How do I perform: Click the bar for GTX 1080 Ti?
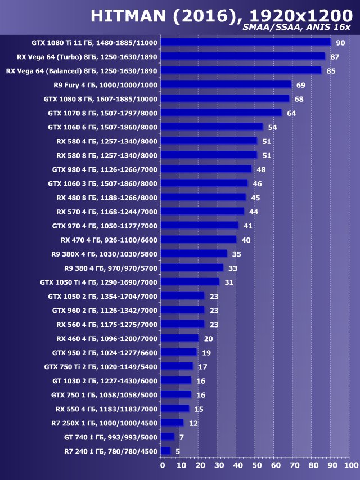pos(245,42)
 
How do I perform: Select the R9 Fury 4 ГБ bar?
pos(226,84)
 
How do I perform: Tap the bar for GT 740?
pos(167,437)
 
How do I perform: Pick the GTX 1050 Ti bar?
pos(190,281)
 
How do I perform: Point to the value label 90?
pos(340,43)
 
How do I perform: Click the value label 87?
pos(335,57)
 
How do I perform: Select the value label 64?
pos(291,113)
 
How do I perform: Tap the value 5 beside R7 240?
pos(178,451)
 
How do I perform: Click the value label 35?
pos(236,254)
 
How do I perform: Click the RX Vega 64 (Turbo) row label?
pos(81,57)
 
